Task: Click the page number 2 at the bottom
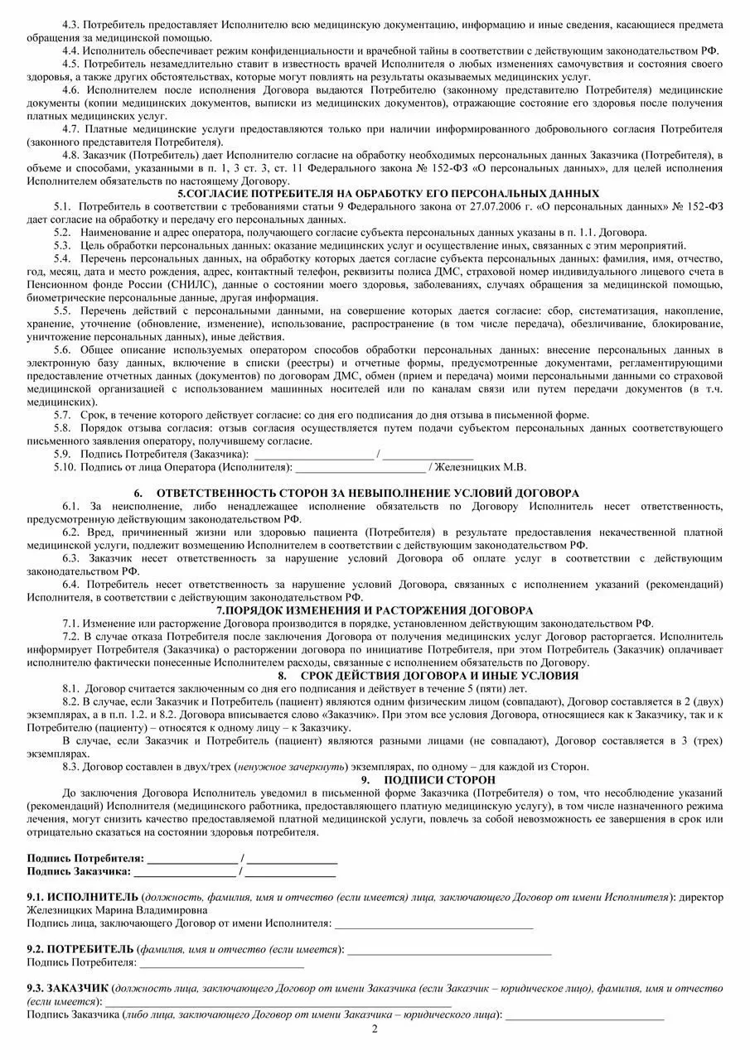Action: pyautogui.click(x=375, y=1029)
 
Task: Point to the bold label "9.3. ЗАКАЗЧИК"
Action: pyautogui.click(x=68, y=988)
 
